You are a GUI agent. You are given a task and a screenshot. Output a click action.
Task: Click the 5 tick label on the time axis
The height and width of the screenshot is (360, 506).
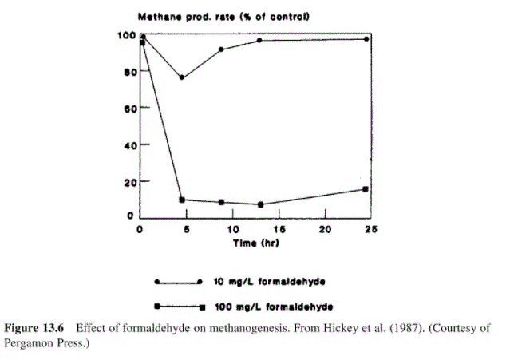185,229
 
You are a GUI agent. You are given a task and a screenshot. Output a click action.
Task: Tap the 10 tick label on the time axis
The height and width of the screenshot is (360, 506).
230,229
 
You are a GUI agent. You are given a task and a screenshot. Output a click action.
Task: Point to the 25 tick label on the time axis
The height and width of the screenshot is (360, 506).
370,229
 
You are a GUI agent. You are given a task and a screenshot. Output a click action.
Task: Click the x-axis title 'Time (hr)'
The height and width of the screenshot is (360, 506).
256,243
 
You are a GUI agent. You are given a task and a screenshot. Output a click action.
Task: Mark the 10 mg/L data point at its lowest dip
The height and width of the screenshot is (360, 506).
182,77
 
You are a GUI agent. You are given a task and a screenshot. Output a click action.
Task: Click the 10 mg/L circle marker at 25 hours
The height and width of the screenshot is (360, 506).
366,39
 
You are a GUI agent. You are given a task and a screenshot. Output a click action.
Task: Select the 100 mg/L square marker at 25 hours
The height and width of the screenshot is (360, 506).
366,189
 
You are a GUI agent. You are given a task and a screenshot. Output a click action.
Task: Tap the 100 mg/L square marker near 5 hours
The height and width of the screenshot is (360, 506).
182,200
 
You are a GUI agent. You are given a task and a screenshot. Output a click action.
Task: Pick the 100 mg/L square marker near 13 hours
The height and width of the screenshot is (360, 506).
260,204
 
